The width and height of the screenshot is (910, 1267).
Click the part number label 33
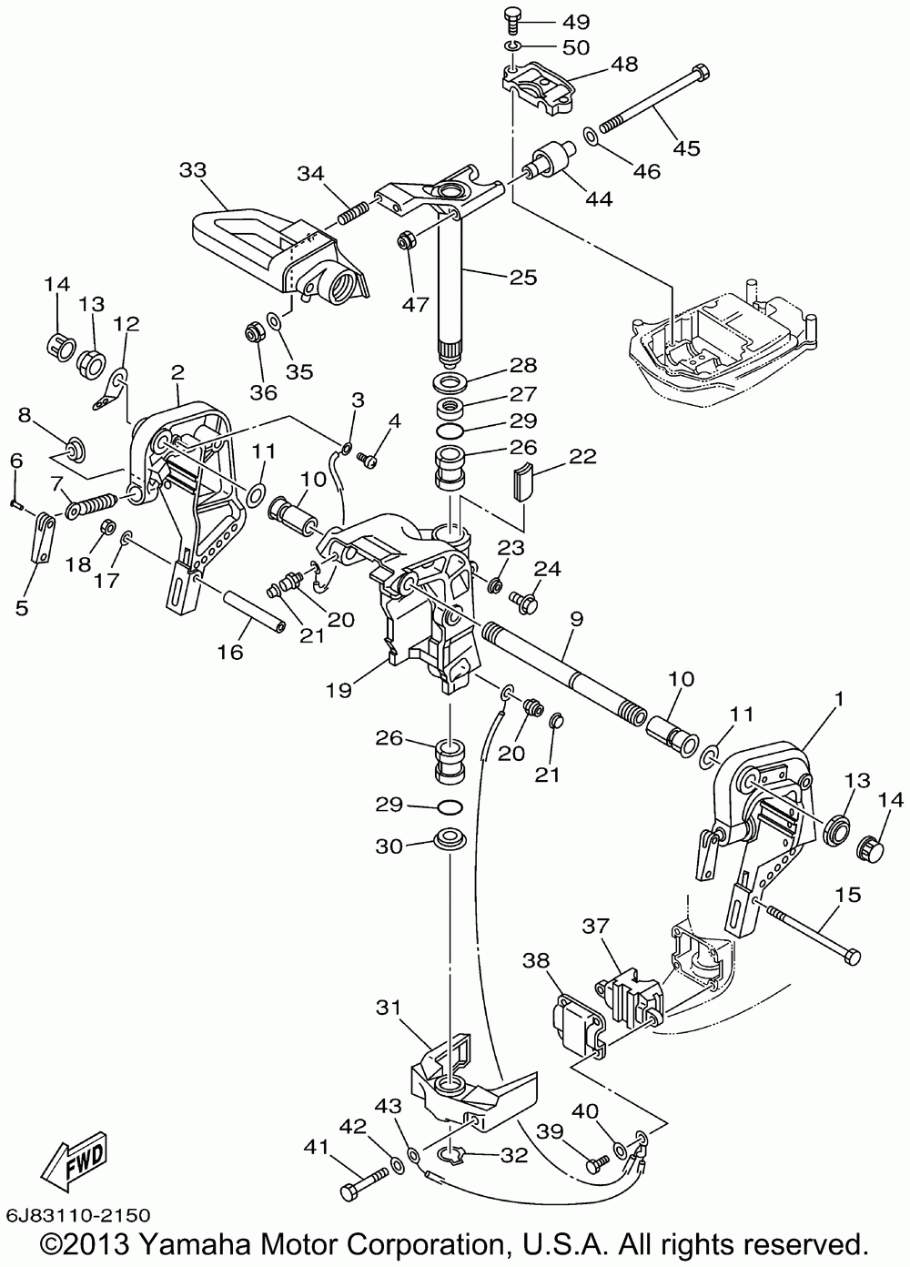[193, 170]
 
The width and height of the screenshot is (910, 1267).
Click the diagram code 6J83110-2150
[77, 1215]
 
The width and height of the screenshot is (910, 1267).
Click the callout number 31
[388, 1008]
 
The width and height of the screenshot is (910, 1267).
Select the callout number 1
[839, 701]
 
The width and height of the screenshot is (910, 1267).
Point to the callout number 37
[595, 926]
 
